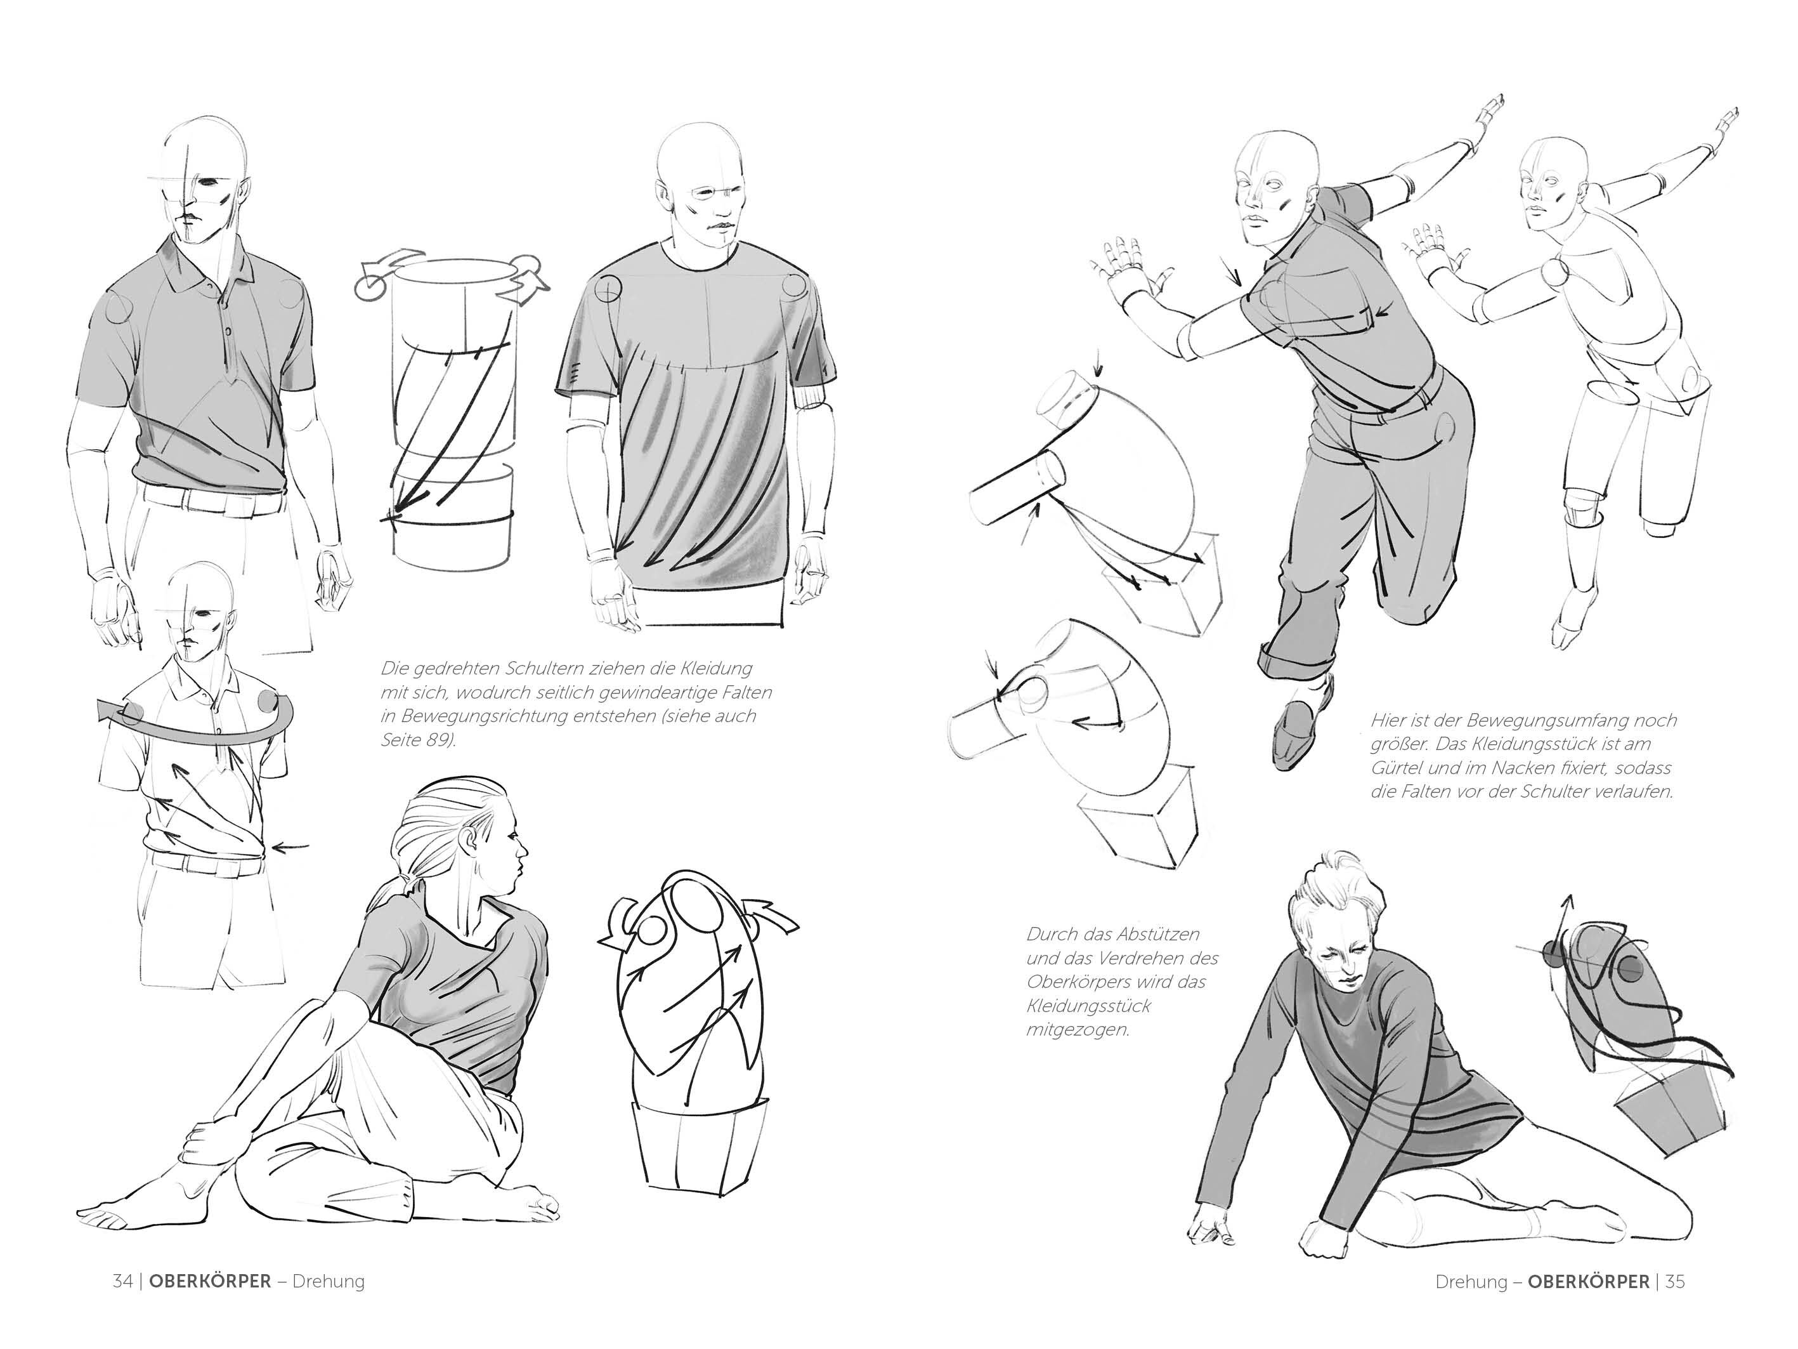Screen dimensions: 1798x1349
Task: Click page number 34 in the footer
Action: coord(122,1282)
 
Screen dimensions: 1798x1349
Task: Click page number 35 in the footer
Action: coord(1675,1282)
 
